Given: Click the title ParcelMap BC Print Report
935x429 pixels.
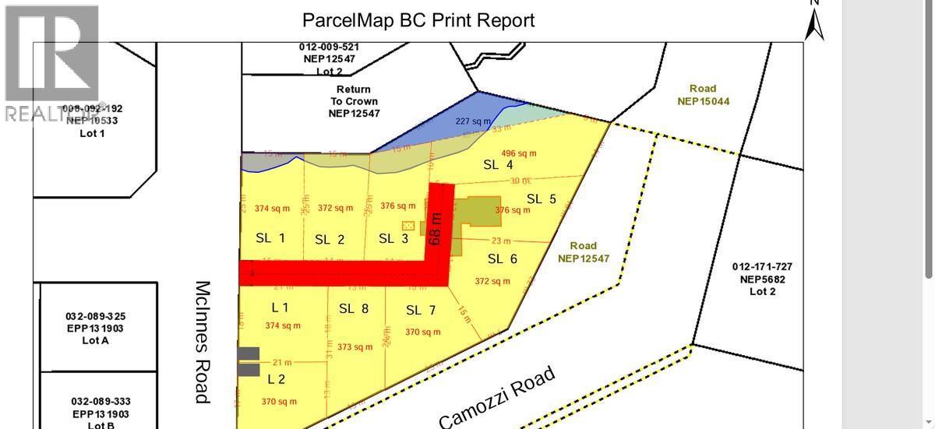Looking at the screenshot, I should tap(418, 20).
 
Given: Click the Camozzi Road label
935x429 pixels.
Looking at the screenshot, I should tap(497, 397).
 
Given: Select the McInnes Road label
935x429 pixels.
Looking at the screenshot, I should tap(203, 342).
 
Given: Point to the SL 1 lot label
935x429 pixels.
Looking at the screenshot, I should tap(270, 237).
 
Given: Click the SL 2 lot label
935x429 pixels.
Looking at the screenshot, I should tap(330, 240).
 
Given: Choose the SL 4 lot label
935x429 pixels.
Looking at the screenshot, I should tap(498, 164).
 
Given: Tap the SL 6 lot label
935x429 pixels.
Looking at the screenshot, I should tap(503, 258).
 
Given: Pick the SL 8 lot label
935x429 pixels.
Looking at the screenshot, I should tap(354, 308).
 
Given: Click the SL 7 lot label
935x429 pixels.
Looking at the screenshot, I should tap(421, 310).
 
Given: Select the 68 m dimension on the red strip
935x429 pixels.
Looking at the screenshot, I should tap(437, 229).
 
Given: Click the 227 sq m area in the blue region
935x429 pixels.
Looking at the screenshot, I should tap(473, 121).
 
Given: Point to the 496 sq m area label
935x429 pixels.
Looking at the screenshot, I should tap(519, 153).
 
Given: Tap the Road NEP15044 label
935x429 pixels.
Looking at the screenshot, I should tap(703, 95).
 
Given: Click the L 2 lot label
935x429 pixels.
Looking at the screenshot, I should tap(277, 379).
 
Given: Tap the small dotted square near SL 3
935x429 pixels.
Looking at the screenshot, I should tap(408, 225).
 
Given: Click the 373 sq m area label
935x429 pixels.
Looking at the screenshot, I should tap(355, 347).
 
